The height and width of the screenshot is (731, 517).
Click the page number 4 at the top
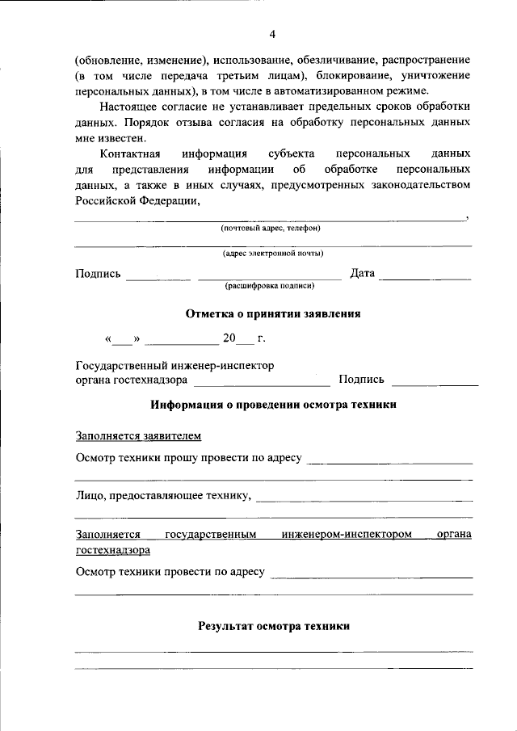click(272, 34)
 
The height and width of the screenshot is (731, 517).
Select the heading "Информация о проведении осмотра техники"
click(273, 404)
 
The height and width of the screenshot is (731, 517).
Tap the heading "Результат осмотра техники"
click(273, 625)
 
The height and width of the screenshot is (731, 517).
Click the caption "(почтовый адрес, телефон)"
click(271, 229)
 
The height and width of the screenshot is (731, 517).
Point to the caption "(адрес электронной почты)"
click(273, 254)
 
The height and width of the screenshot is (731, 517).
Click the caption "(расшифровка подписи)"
click(270, 286)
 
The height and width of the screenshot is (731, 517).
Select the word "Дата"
click(363, 274)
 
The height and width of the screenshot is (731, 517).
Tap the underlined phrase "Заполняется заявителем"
click(138, 436)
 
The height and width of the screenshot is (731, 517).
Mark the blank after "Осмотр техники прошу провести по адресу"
click(390, 462)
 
